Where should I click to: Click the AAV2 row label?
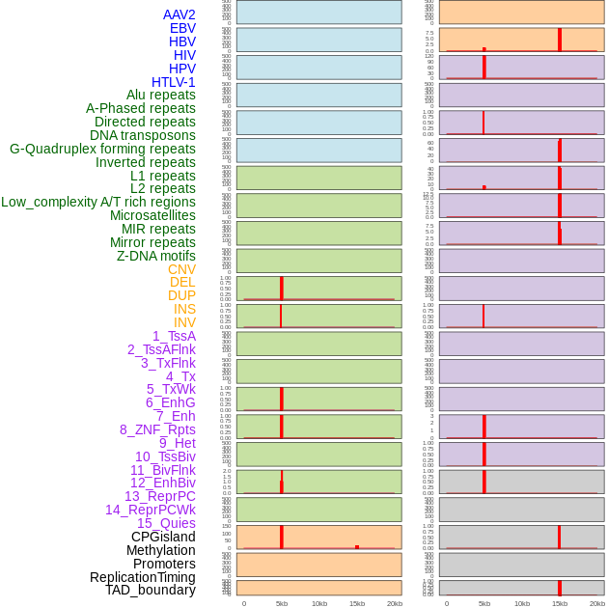pos(179,14)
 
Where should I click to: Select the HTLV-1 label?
pos(173,82)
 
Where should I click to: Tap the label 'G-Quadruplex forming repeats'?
pos(102,149)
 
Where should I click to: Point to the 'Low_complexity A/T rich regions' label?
pos(98,202)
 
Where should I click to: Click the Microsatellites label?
pos(152,215)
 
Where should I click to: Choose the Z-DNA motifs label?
pos(155,256)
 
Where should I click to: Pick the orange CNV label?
pos(181,269)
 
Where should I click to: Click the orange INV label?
pos(184,322)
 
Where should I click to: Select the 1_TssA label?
pos(174,336)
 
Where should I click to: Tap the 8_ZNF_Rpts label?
pos(157,429)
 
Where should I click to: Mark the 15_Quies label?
pos(166,523)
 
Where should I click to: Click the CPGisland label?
pos(163,537)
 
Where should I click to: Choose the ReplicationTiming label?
pos(142,577)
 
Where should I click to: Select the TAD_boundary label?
pos(151,590)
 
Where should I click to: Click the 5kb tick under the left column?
pos(282,603)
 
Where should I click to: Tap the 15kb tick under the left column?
pos(357,603)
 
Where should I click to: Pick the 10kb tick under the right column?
pos(522,603)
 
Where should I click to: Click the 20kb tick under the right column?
pos(597,603)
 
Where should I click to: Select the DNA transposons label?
pos(143,135)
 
